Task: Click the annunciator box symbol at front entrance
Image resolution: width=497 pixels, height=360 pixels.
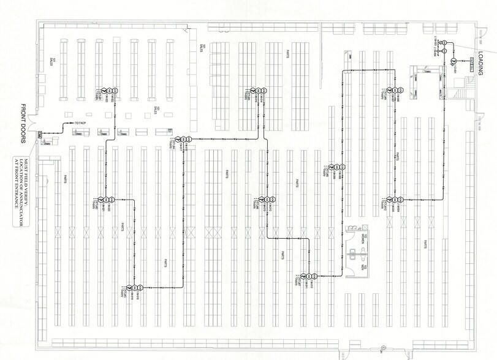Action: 40,133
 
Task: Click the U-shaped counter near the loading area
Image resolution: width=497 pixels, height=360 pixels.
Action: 422,79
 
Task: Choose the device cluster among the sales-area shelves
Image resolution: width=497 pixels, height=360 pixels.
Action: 105,90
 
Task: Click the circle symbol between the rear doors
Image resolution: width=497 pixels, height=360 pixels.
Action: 381,350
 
